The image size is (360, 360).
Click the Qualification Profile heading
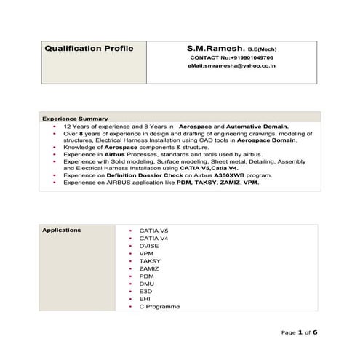pos(89,49)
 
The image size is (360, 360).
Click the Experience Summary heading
pos(75,119)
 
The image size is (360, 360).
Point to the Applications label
pos(62,231)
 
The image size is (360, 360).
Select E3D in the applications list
pos(145,292)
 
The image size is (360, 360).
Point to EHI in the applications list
pos(145,299)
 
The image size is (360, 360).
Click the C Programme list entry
pos(159,307)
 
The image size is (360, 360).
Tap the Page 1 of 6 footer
pos(300,332)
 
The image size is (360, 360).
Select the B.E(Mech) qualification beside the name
pos(262,49)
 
